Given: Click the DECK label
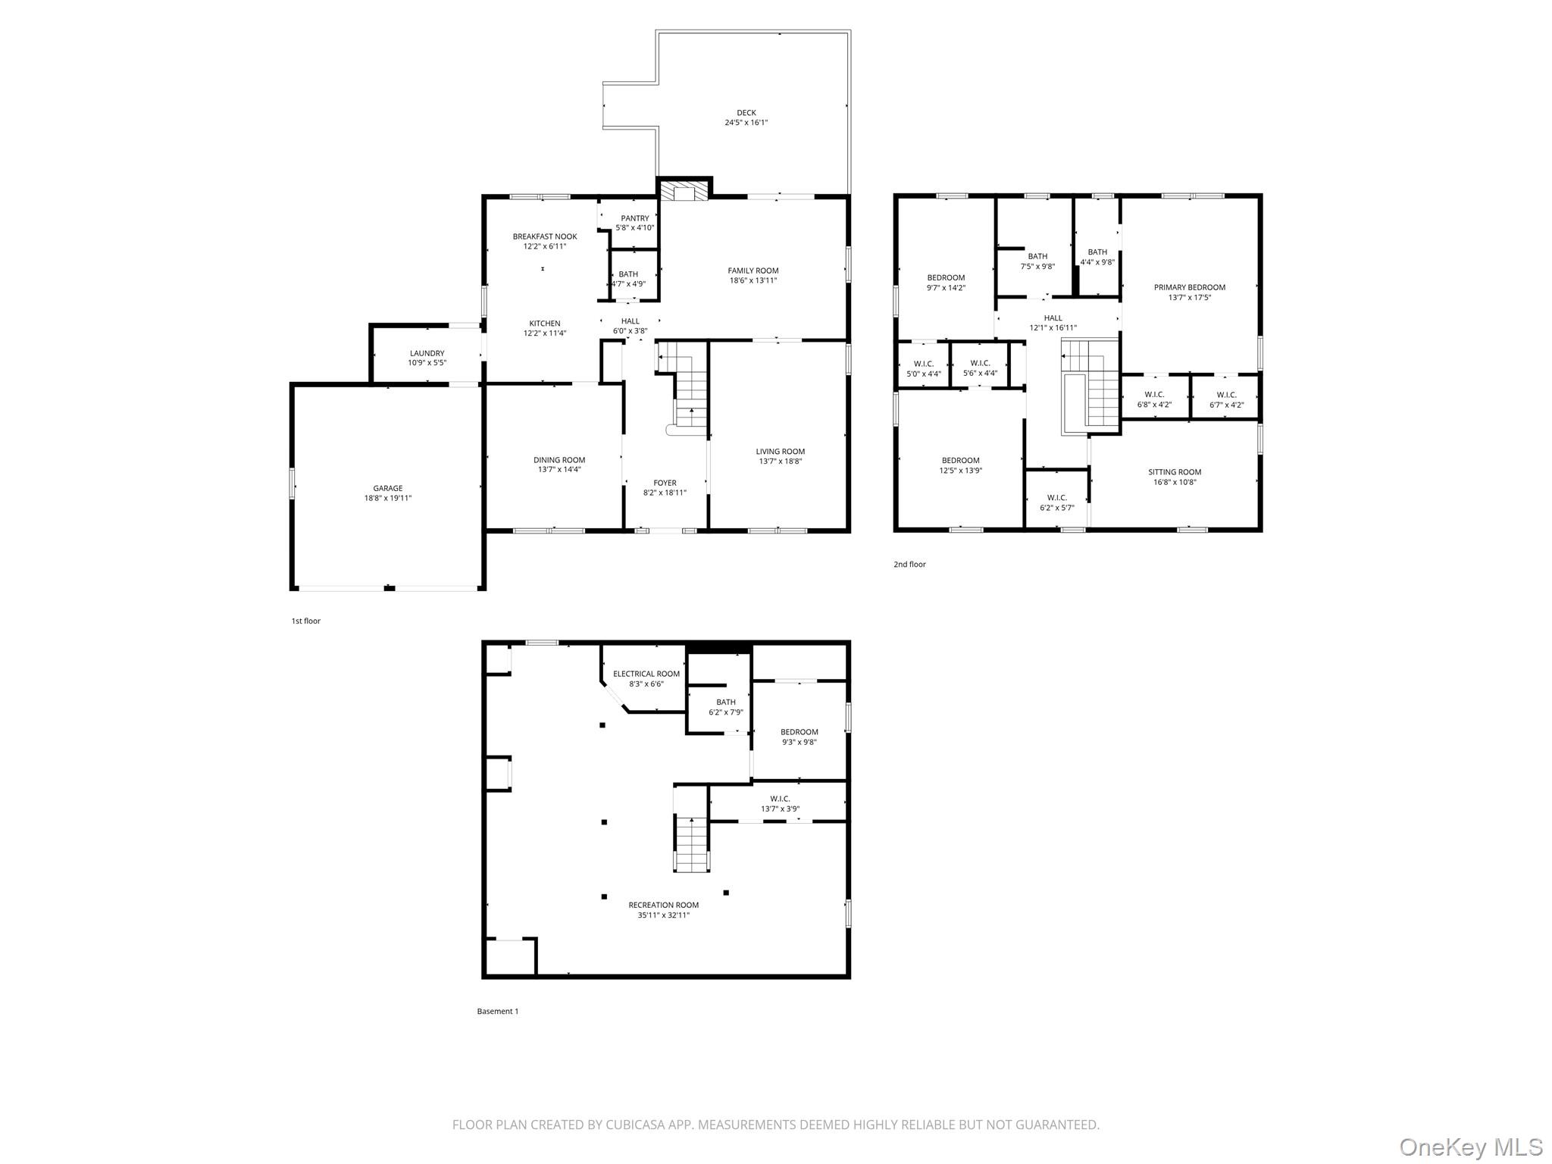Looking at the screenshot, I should [746, 113].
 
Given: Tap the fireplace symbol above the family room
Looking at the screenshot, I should [684, 189].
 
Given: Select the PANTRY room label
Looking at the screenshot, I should [634, 218].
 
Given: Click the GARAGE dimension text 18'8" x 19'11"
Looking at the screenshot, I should [387, 498].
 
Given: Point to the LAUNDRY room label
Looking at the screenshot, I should [427, 353].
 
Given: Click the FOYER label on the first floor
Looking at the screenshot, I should [665, 483].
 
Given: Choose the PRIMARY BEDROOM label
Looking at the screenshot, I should [1189, 287].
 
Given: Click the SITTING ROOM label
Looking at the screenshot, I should [1174, 472].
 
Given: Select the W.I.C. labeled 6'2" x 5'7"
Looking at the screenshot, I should [1056, 502].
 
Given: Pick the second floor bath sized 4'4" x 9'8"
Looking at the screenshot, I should [1097, 257].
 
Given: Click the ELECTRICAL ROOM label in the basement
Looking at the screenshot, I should [646, 674].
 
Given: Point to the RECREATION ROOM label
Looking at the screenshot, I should [663, 905].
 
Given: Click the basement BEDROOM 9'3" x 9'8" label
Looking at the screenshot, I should [799, 732].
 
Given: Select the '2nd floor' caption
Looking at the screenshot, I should [909, 564].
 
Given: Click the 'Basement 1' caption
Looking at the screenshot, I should [497, 1011].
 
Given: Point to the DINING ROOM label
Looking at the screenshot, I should [559, 460].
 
